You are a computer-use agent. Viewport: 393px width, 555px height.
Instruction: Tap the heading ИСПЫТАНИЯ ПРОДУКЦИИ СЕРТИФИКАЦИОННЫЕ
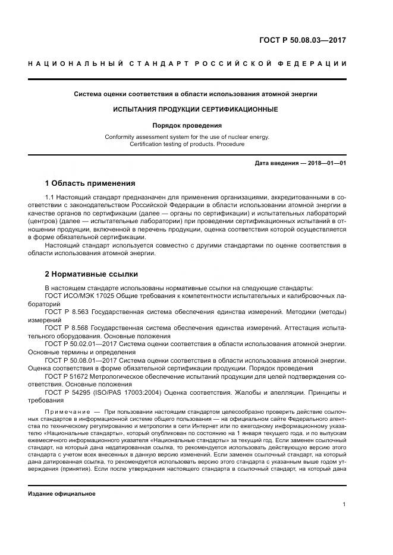[196, 110]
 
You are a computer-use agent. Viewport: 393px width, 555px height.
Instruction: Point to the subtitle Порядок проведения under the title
[196, 125]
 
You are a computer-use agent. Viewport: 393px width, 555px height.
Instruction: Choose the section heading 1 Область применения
[90, 183]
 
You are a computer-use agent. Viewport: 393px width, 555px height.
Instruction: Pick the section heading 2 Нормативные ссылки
[92, 274]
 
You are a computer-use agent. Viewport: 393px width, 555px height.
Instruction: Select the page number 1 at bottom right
[344, 505]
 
